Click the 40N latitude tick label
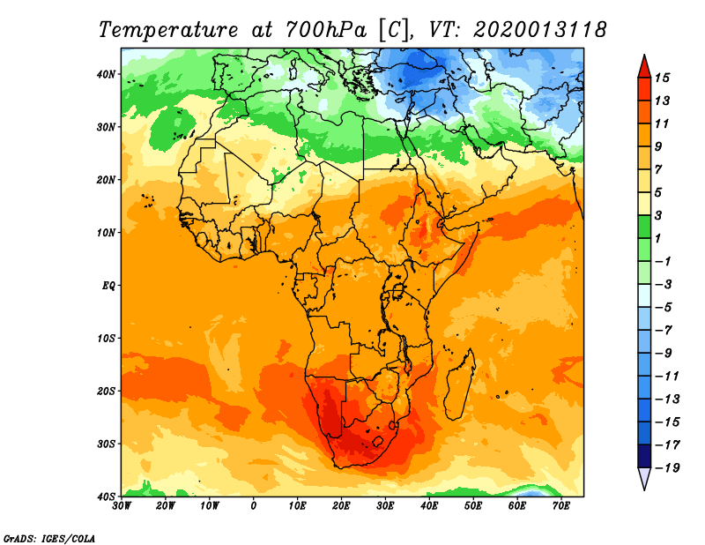pyautogui.click(x=107, y=74)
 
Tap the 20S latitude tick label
pyautogui.click(x=107, y=391)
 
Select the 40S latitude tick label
pyautogui.click(x=107, y=496)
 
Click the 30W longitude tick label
pyautogui.click(x=122, y=506)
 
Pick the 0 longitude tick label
pyautogui.click(x=254, y=506)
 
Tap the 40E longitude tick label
pyautogui.click(x=429, y=506)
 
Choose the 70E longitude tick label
pyautogui.click(x=560, y=506)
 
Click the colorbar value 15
pyautogui.click(x=662, y=78)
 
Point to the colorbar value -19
pyautogui.click(x=665, y=467)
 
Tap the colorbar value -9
pyautogui.click(x=663, y=353)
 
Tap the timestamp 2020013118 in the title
pyautogui.click(x=539, y=29)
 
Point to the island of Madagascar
pyautogui.click(x=458, y=385)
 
